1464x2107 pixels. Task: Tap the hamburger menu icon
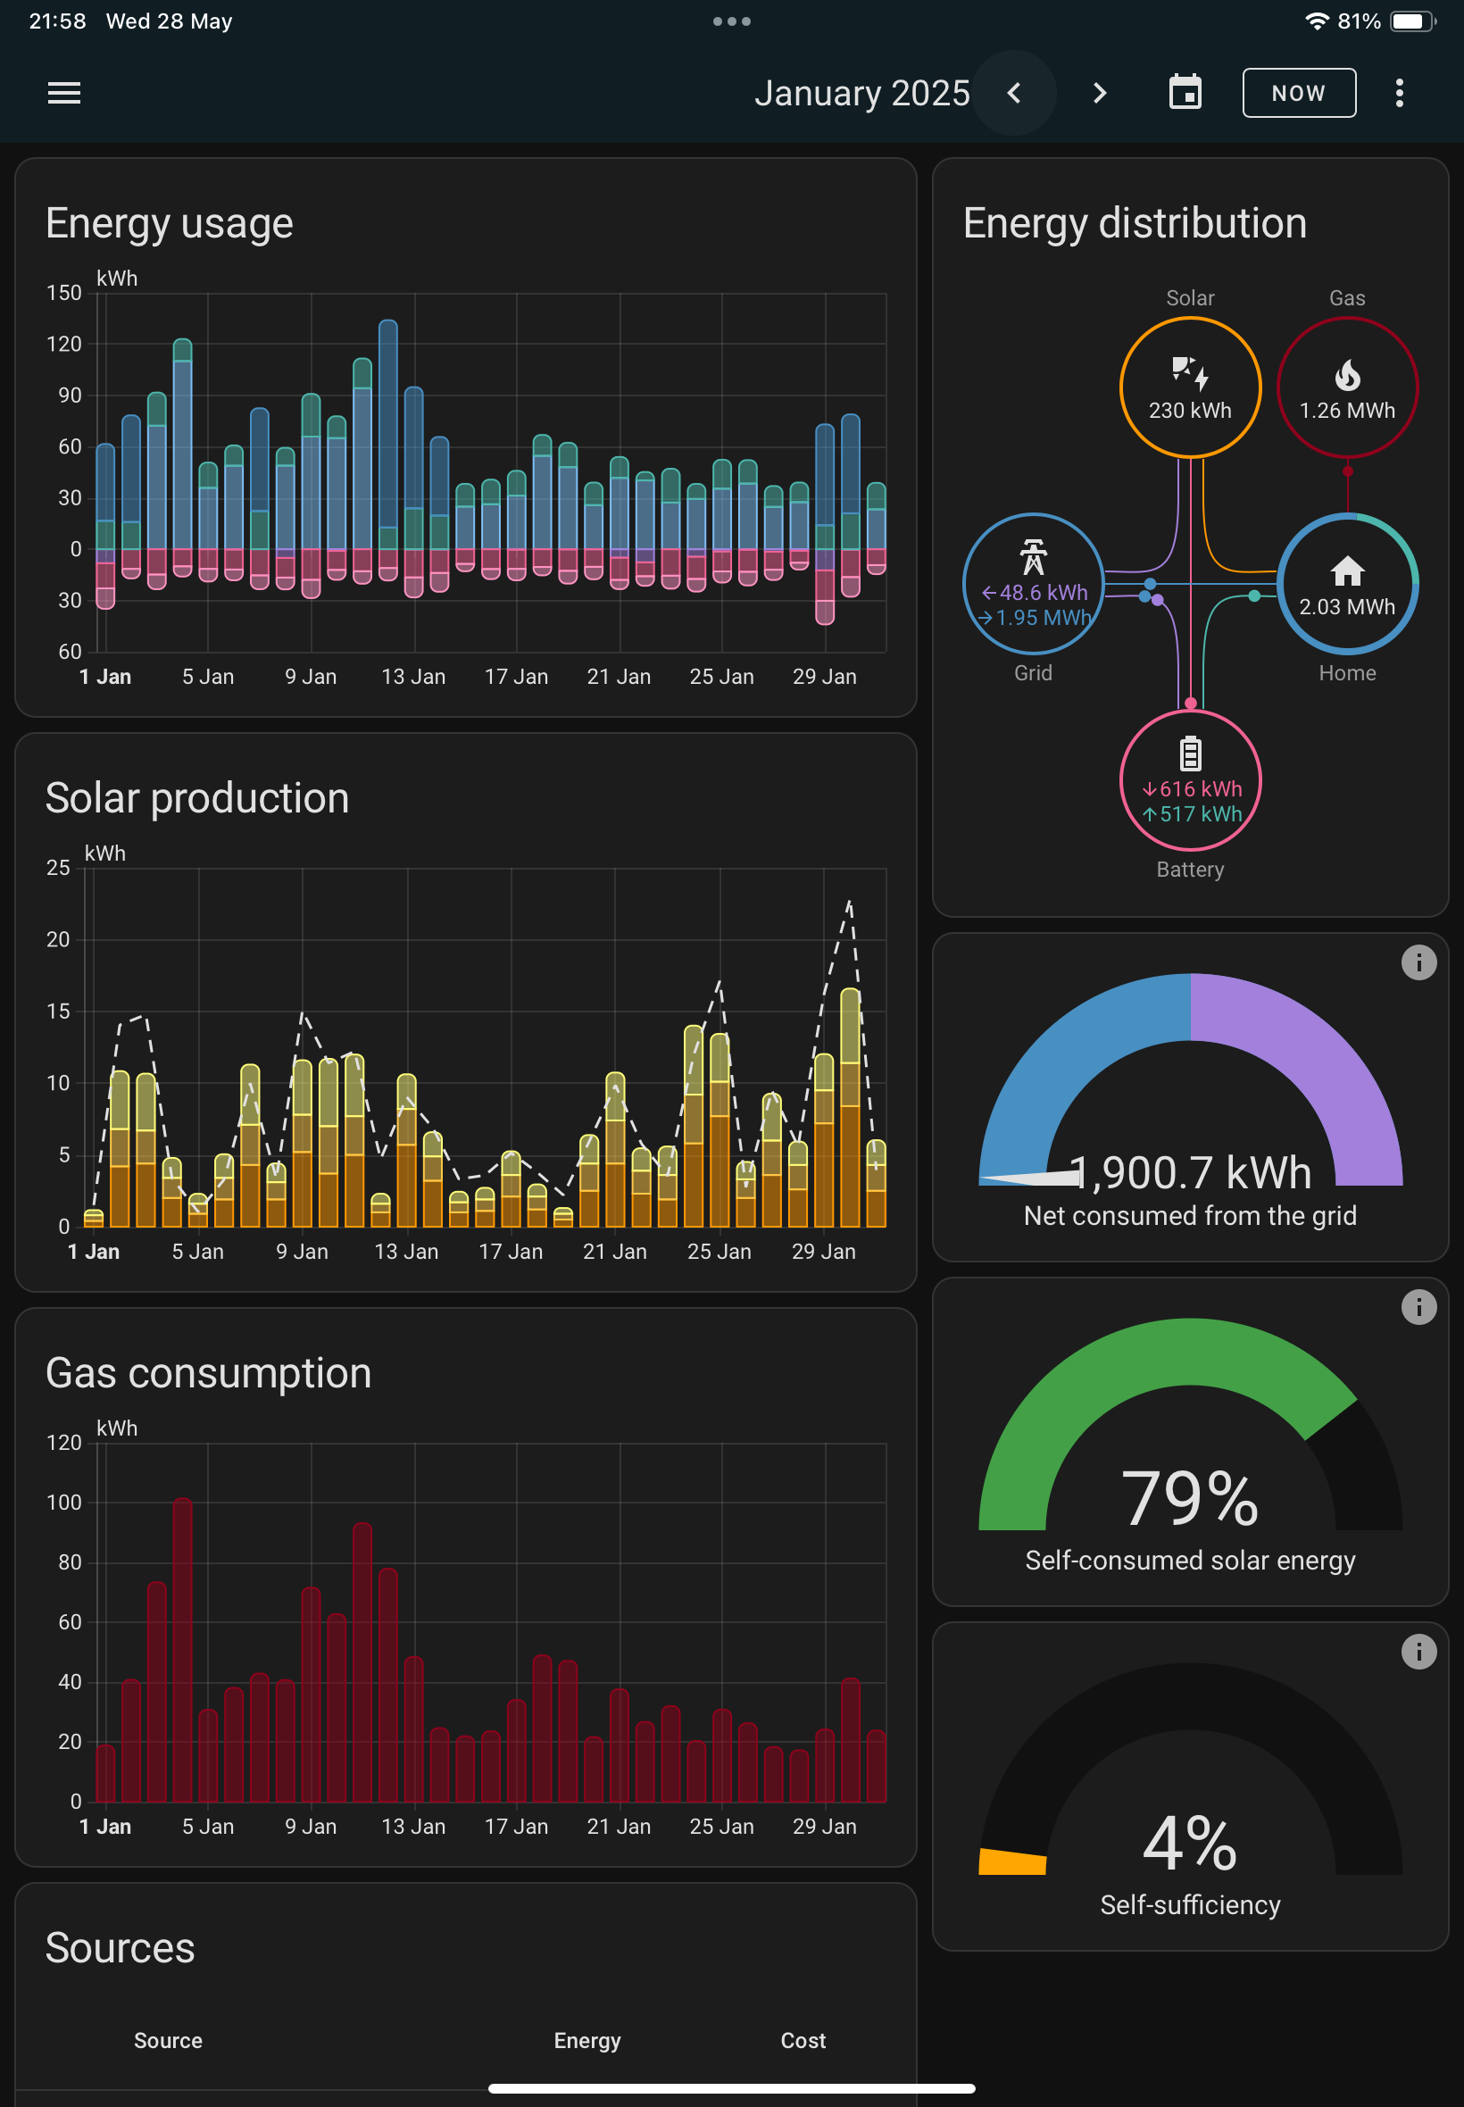coord(64,93)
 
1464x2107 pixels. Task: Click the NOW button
coord(1299,93)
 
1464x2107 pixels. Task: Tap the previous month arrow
coord(1013,93)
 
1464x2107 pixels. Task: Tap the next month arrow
coord(1100,93)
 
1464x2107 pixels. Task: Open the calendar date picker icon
coord(1185,92)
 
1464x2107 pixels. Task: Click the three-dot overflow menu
coord(1399,93)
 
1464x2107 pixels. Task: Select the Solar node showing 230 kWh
coord(1191,387)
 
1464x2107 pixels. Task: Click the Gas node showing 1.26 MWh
coord(1347,387)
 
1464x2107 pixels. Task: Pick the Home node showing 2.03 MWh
coord(1347,583)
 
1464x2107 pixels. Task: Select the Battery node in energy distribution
coord(1191,779)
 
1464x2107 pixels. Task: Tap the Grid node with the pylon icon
coord(1033,583)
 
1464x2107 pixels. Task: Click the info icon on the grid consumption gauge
coord(1418,962)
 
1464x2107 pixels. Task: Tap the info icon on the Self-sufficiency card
coord(1418,1651)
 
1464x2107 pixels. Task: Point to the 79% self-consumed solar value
coord(1190,1498)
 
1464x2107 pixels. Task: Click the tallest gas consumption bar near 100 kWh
coord(182,1649)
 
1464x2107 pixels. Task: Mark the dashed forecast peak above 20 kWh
coord(850,903)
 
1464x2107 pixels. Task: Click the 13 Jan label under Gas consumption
coord(413,1827)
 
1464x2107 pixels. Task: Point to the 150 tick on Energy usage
coord(64,293)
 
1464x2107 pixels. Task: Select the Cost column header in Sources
coord(803,2040)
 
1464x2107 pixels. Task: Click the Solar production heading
coord(197,798)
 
